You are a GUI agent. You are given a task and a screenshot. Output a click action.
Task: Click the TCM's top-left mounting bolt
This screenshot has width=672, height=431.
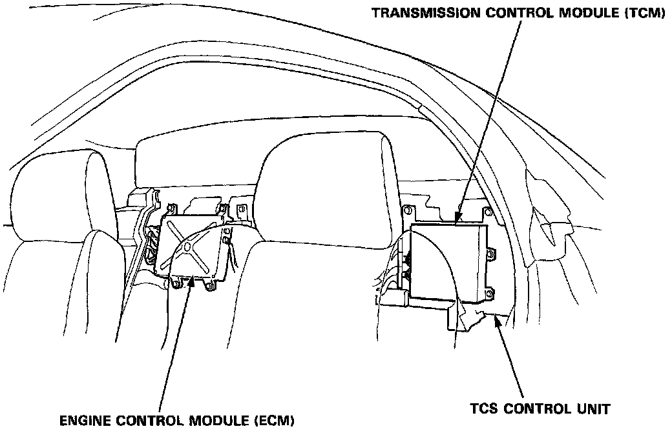click(408, 210)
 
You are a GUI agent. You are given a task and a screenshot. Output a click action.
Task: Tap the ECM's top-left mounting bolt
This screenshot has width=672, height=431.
click(171, 208)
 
